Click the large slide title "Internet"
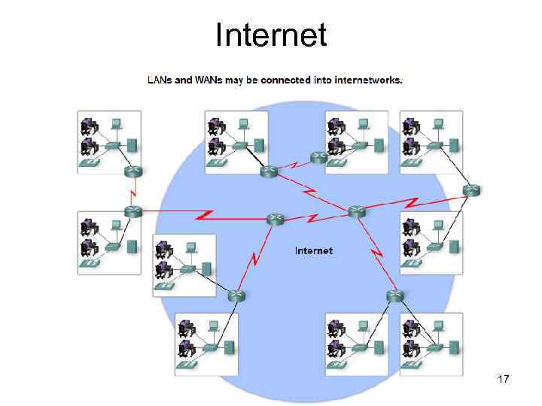click(x=271, y=35)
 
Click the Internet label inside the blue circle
click(x=313, y=250)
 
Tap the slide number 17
click(x=504, y=380)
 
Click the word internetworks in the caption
click(x=368, y=80)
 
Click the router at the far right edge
click(x=472, y=190)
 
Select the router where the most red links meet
click(x=356, y=212)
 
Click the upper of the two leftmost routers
click(x=132, y=172)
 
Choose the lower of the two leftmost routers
click(x=132, y=212)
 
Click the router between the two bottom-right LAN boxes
click(x=394, y=295)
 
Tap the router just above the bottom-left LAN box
click(x=236, y=295)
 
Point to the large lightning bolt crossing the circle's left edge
click(x=206, y=216)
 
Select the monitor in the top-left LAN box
click(x=116, y=123)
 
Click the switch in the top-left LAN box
click(x=114, y=145)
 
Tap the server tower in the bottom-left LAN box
click(x=230, y=347)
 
